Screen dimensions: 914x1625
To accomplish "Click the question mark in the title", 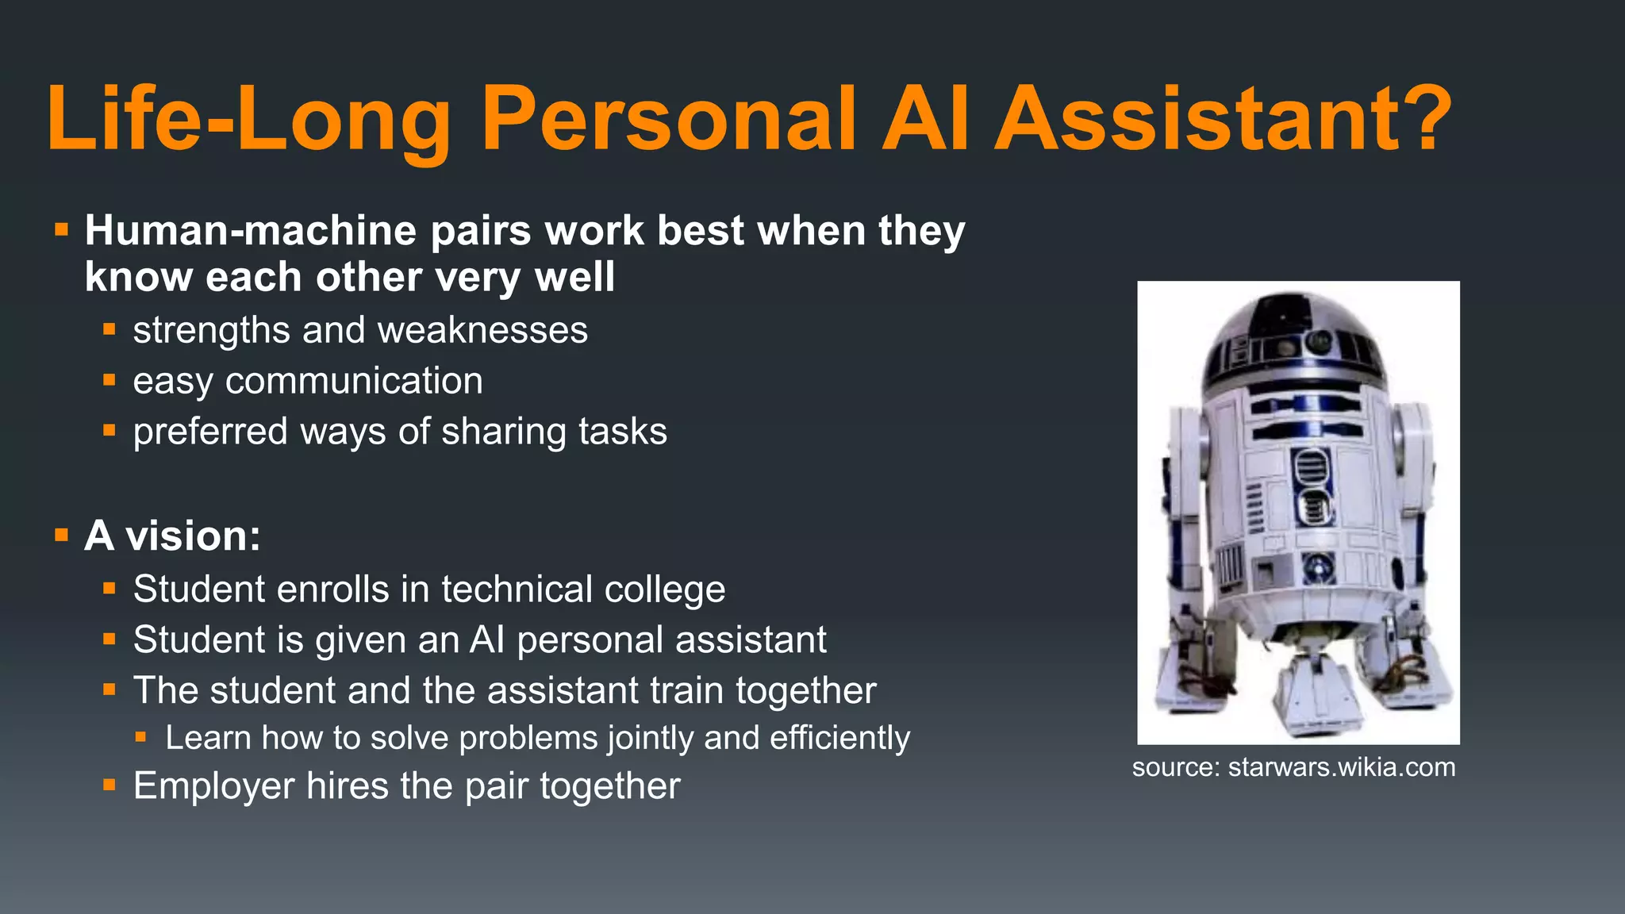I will (x=1423, y=119).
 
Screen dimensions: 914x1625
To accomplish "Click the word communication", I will (x=354, y=381).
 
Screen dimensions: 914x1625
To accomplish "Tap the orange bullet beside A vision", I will (x=62, y=536).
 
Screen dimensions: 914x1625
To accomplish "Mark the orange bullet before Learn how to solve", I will (x=141, y=738).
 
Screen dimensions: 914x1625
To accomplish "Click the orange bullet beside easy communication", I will (x=109, y=381).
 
